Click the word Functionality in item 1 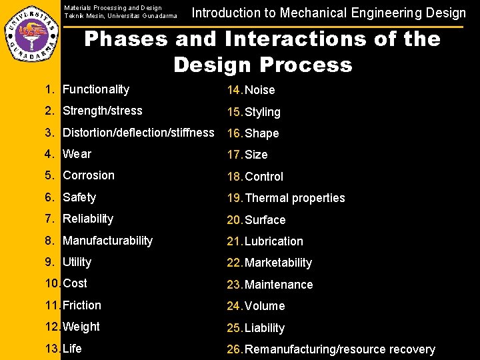click(95, 89)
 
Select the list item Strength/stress click(102, 111)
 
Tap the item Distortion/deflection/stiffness click(138, 133)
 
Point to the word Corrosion click(89, 175)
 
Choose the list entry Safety click(79, 197)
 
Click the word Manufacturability click(107, 241)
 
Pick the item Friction click(82, 305)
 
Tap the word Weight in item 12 click(81, 327)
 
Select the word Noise click(260, 90)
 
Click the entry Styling click(263, 112)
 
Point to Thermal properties click(295, 198)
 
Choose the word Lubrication click(274, 241)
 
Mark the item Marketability click(279, 263)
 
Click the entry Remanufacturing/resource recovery click(340, 349)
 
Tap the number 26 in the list click(234, 349)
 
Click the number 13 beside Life click(52, 349)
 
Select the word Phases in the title click(126, 39)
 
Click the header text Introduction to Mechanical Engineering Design click(329, 13)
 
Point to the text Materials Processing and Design click(113, 8)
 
